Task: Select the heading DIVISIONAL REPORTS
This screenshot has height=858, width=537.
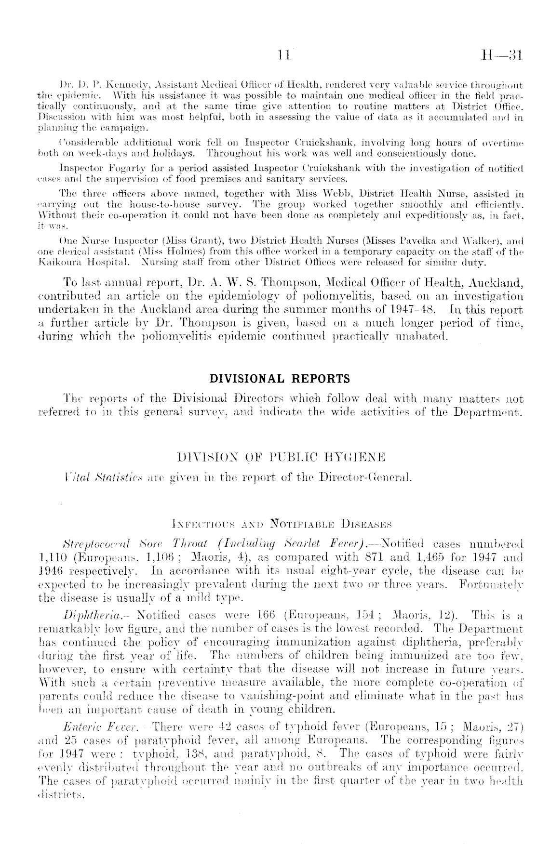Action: (x=280, y=378)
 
